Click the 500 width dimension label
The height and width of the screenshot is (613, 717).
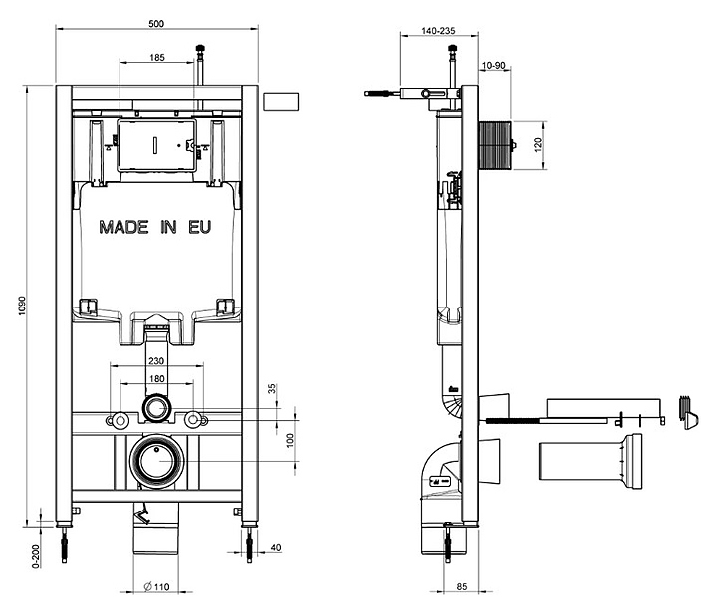point(156,23)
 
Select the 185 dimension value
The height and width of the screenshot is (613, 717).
point(157,58)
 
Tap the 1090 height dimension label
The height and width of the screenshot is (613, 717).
point(22,306)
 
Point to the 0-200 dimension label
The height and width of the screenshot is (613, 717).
point(36,556)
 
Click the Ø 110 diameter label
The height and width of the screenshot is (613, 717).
point(157,587)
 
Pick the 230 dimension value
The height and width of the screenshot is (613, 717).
point(156,361)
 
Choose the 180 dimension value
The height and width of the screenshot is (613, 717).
point(157,379)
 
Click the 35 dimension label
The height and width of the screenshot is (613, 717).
point(272,389)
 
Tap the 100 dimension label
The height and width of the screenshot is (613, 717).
point(290,440)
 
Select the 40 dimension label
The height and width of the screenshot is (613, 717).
point(276,547)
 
